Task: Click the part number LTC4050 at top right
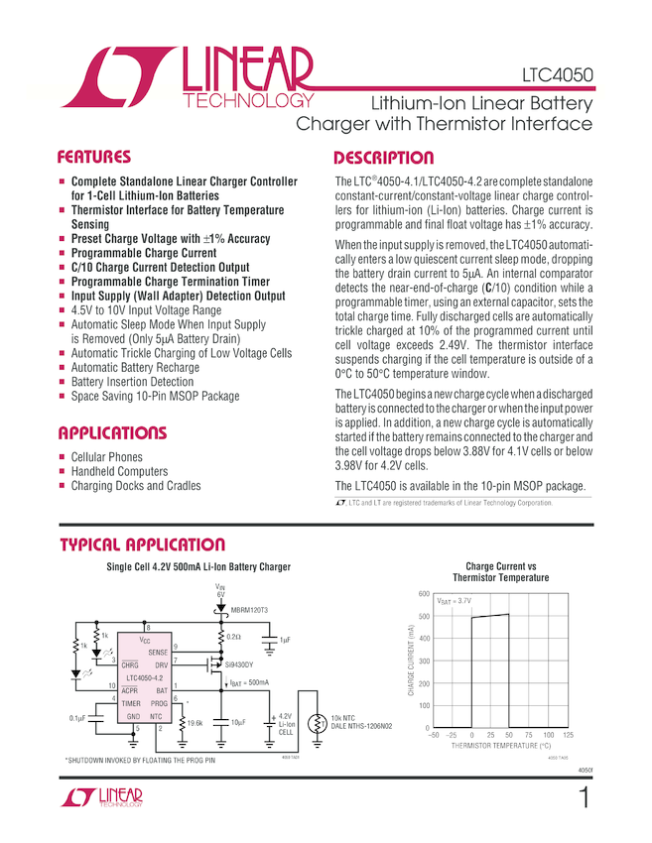[x=558, y=75]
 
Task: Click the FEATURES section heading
[x=94, y=157]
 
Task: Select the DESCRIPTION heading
[x=383, y=159]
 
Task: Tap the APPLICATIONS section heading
[x=111, y=433]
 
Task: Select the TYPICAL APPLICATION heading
[x=142, y=544]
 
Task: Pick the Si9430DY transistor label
[x=238, y=664]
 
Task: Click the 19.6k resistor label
[x=195, y=724]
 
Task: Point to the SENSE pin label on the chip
[x=158, y=652]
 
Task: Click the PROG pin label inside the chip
[x=158, y=702]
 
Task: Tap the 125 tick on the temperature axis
[x=568, y=735]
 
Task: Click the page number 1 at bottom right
[x=585, y=797]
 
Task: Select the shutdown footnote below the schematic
[x=139, y=760]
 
